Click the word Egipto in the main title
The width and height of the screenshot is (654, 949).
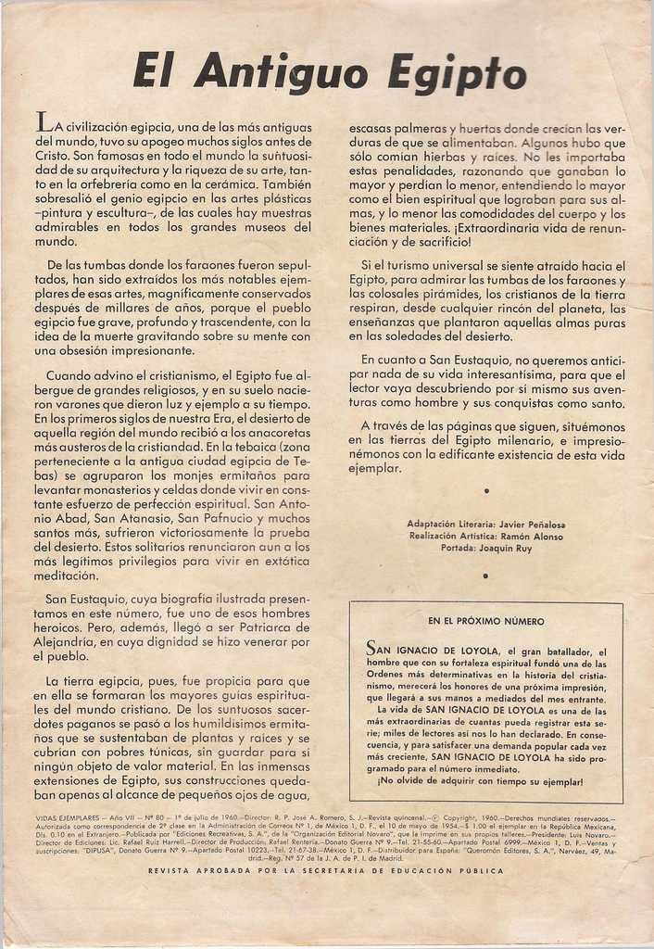point(457,72)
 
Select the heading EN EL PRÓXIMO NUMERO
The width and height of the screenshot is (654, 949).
point(485,621)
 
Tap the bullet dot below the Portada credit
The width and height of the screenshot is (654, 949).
point(485,576)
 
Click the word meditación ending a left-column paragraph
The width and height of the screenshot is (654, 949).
point(67,576)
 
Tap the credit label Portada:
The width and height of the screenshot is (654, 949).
point(459,549)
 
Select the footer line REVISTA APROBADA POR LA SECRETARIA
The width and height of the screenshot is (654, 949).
point(326,872)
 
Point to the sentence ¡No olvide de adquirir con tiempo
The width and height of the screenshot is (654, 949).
point(481,781)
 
